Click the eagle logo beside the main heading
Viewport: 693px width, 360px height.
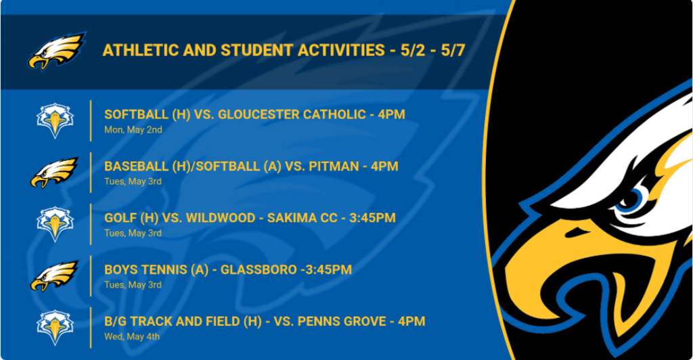57,50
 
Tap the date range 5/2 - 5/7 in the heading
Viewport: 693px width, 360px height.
432,50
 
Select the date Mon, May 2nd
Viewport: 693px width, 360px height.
133,130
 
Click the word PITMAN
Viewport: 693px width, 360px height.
334,166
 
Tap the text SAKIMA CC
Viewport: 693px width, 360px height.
303,218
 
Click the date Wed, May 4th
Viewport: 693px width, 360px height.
132,336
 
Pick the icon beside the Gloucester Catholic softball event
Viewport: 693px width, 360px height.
55,120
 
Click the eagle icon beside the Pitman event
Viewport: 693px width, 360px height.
54,173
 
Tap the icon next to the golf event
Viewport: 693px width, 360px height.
55,224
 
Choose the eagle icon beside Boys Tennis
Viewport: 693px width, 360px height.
54,275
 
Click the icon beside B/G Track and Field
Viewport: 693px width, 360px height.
55,328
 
